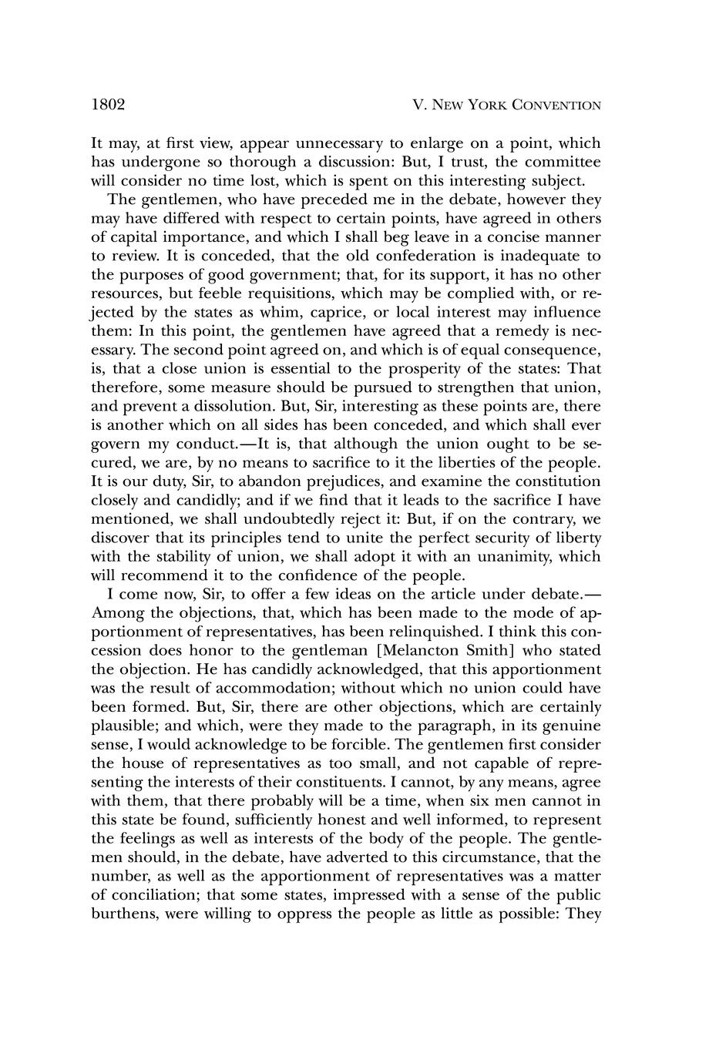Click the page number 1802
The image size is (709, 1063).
[x=108, y=105]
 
